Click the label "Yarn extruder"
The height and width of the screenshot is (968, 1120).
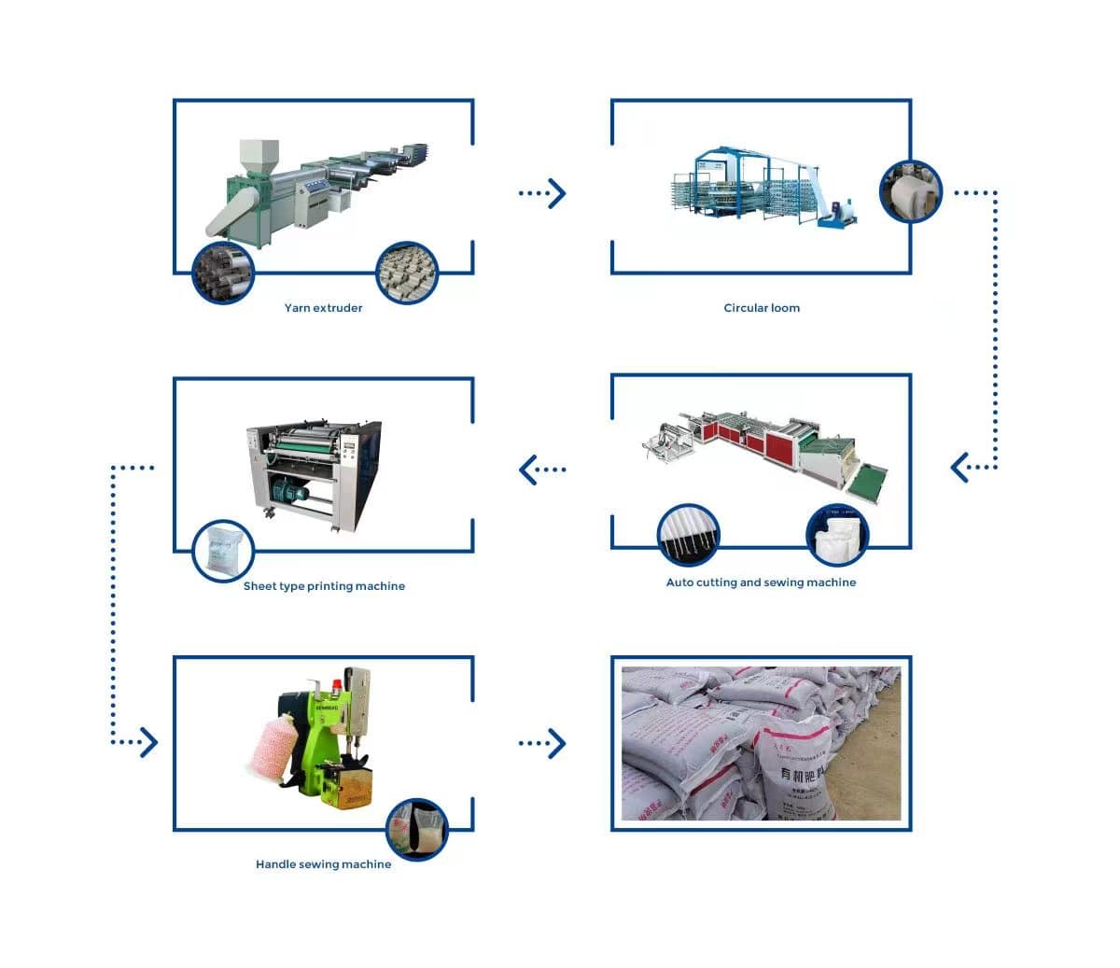pos(323,308)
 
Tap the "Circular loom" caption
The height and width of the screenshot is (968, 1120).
pos(762,308)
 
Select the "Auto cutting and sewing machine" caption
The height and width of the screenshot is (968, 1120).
pos(761,582)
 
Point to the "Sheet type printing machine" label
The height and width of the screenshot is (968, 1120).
pos(324,586)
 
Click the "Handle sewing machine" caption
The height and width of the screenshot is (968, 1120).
pos(323,864)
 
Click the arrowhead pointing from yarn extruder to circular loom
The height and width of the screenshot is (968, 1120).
pos(557,193)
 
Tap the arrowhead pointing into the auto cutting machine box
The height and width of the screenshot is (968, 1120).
pos(959,467)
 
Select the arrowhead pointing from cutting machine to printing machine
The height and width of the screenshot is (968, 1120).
pos(528,470)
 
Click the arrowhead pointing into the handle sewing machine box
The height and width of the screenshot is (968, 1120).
pos(148,743)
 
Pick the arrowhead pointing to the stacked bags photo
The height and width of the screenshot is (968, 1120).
pos(557,743)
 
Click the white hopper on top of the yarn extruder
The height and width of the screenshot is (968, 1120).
pos(259,154)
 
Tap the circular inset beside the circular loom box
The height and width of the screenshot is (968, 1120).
pos(910,191)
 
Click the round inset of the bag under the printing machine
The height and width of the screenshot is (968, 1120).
pos(223,551)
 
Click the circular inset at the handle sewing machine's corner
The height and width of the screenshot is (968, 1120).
pos(417,829)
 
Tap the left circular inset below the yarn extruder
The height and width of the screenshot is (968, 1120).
pos(223,274)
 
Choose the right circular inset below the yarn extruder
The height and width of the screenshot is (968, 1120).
pos(407,274)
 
